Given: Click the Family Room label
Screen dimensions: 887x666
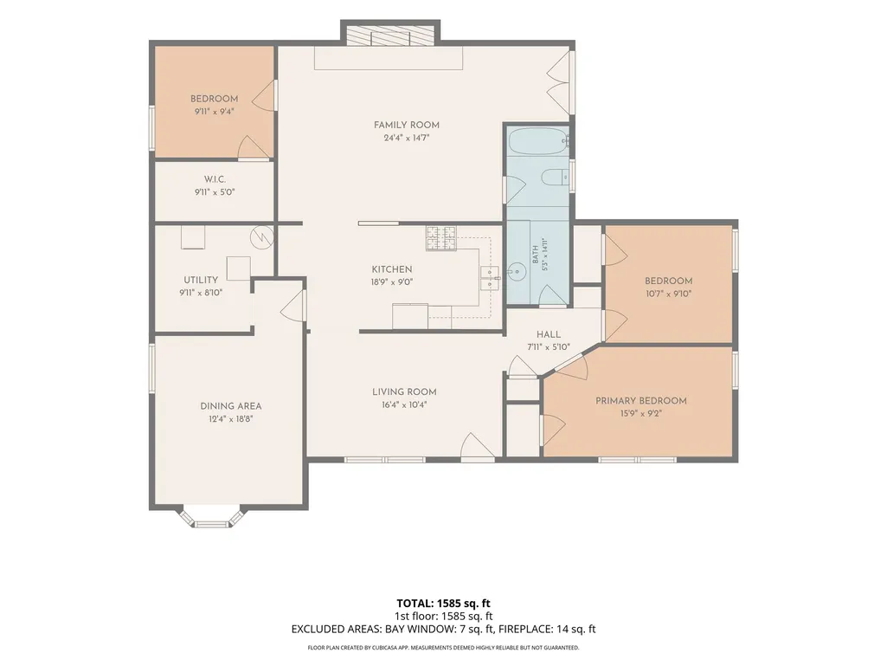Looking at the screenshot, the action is click(x=406, y=126).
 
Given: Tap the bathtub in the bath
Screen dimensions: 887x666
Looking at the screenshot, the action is click(x=537, y=141).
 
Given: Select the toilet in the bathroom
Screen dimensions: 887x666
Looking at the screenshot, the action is click(x=555, y=178).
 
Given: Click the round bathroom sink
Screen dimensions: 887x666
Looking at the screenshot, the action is click(x=516, y=273).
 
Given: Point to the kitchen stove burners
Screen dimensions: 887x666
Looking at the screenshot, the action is click(x=441, y=238).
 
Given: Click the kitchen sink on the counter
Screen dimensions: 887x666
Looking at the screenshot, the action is click(x=489, y=277).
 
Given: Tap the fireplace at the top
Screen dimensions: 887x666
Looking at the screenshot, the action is click(x=390, y=36).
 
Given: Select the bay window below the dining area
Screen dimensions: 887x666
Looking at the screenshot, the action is click(x=212, y=517).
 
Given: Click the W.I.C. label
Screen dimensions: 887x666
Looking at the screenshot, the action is click(x=215, y=179).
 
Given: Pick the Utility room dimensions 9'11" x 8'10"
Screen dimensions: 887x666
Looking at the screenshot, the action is click(x=201, y=293).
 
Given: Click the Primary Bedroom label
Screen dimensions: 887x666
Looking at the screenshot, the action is click(x=641, y=401).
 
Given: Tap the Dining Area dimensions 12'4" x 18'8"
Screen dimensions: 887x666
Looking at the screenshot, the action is click(x=231, y=419).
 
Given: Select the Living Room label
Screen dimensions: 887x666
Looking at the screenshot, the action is click(x=404, y=392).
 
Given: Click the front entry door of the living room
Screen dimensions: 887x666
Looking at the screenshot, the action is click(x=477, y=448).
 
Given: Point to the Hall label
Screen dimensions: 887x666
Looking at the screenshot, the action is click(x=549, y=334).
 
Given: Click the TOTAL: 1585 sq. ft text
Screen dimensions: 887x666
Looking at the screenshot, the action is click(x=443, y=603).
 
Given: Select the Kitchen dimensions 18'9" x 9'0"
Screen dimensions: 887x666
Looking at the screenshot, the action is click(x=392, y=282).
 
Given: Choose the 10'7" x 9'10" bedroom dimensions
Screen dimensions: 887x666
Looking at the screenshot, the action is click(x=669, y=294).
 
